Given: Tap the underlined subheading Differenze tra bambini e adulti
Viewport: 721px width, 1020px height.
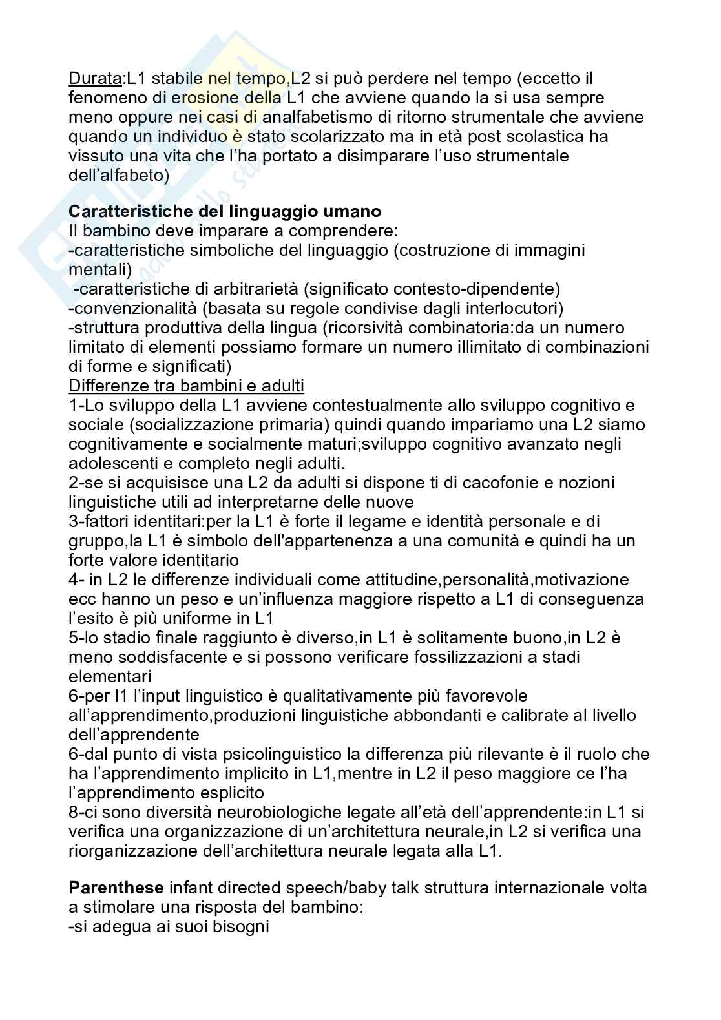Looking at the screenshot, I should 186,386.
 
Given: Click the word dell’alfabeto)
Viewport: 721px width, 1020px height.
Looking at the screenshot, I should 119,176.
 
